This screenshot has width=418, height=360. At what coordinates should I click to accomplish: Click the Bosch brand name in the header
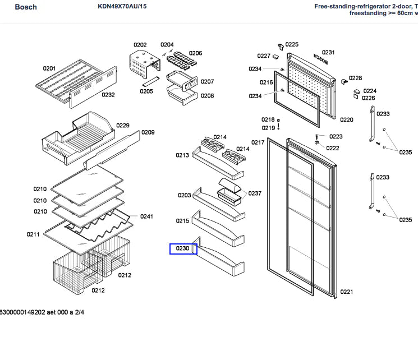[x=11, y=7]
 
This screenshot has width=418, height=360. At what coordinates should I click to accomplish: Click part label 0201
[x=49, y=68]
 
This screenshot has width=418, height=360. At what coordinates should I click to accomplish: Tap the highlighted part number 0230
[x=183, y=248]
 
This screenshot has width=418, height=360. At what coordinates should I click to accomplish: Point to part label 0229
[x=122, y=126]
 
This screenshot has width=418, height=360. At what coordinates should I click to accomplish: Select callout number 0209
[x=148, y=133]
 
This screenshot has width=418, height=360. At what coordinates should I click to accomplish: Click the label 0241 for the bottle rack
[x=146, y=216]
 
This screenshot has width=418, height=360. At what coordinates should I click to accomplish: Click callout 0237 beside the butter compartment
[x=255, y=193]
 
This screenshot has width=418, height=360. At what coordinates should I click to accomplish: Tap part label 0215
[x=183, y=221]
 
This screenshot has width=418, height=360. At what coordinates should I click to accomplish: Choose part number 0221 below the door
[x=346, y=292]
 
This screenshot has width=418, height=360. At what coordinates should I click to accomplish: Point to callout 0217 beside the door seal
[x=258, y=142]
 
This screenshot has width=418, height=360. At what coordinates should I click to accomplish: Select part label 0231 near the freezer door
[x=328, y=53]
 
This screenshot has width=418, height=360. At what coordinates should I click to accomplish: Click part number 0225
[x=292, y=44]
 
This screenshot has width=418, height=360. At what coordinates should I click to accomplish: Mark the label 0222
[x=333, y=148]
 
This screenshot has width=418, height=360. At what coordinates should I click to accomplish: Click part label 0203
[x=184, y=195]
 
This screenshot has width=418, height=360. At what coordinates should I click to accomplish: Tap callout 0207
[x=207, y=82]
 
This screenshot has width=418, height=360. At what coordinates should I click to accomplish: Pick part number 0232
[x=108, y=95]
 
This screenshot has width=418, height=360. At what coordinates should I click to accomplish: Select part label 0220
[x=347, y=119]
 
